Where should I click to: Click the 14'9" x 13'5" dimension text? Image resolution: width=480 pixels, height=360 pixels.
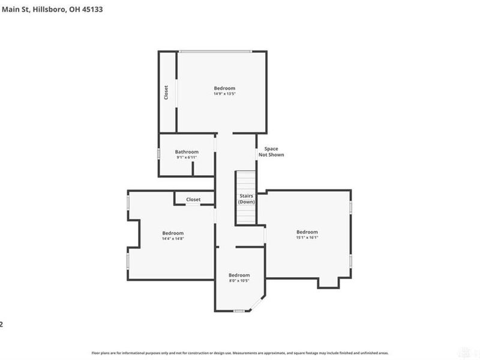tap(224, 94)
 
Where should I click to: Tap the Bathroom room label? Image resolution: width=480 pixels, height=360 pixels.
tap(187, 152)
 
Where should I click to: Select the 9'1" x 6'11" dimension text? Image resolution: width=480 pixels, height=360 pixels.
tap(187, 158)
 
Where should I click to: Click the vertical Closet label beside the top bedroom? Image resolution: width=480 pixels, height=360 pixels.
tap(166, 92)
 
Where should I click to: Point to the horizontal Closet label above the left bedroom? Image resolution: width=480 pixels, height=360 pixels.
tap(193, 199)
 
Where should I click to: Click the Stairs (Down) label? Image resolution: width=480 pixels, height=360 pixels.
tap(246, 199)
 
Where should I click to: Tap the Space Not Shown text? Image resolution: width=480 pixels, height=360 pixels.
tap(271, 152)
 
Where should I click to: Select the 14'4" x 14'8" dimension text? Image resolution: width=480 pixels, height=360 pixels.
tap(173, 238)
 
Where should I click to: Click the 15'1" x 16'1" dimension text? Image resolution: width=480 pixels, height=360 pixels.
tap(307, 237)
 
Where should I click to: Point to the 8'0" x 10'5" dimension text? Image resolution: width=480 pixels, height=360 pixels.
tap(239, 280)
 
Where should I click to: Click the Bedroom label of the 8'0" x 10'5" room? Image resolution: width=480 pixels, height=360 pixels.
tap(239, 275)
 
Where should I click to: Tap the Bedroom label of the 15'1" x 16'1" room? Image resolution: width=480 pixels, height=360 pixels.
tap(307, 232)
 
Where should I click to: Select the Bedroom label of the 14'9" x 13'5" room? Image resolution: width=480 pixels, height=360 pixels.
tap(224, 88)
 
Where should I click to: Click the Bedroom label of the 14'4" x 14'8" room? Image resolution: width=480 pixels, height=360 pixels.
tap(173, 233)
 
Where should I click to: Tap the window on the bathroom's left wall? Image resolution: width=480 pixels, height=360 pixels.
tap(159, 154)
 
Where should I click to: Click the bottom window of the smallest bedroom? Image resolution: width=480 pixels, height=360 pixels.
tap(239, 311)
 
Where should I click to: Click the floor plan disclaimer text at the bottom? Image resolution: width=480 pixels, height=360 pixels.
tap(240, 354)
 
